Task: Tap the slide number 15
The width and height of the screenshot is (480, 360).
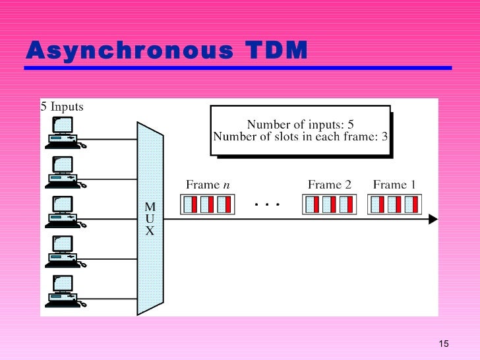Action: (443, 344)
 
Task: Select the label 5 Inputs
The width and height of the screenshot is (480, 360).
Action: (62, 106)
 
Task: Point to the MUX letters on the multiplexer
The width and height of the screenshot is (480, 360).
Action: (150, 219)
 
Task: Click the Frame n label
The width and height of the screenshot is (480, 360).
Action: (208, 185)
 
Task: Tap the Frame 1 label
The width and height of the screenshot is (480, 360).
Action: (394, 185)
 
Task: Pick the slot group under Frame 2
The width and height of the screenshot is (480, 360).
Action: (329, 204)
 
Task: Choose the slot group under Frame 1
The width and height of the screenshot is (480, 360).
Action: (394, 204)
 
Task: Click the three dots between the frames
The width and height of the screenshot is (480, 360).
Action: (267, 204)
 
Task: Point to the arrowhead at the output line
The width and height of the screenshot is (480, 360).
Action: (433, 219)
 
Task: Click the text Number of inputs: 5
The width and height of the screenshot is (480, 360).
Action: (301, 125)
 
